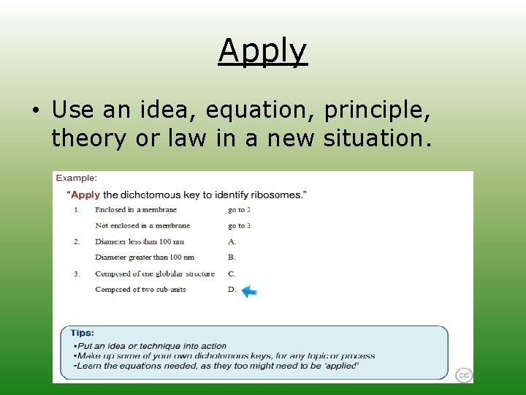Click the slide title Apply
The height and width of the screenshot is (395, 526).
pos(263,51)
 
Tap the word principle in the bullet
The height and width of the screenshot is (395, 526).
pos(376,110)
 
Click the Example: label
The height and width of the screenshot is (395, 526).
pos(77,178)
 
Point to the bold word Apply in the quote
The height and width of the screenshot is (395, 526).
pos(85,195)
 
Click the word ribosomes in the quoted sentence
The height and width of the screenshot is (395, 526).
pos(278,195)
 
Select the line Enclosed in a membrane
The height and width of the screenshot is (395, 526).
pos(136,210)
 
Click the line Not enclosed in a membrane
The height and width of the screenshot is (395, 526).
pos(142,226)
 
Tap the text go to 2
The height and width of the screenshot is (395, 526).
pos(239,210)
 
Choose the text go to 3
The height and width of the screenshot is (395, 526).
pos(239,226)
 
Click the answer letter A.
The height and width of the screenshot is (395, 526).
pos(232,241)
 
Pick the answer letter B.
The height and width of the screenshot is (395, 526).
pos(232,257)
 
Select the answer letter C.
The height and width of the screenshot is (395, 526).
pos(232,274)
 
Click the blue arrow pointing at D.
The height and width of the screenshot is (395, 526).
pos(250,291)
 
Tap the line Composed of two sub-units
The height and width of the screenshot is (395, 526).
pos(140,290)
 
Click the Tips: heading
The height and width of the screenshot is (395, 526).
pos(82,333)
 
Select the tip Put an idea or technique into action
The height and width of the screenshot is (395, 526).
pos(152,346)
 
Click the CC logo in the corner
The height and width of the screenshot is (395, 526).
pos(463,375)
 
